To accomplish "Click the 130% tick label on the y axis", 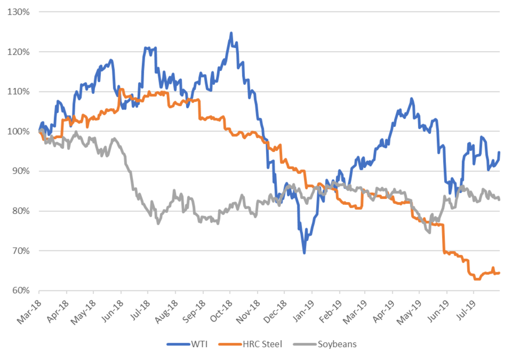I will [x=18, y=12].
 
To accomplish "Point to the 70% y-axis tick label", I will [x=20, y=251].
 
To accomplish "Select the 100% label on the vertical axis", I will [x=18, y=131].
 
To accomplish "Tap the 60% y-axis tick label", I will [x=20, y=291].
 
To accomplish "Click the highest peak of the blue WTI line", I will [x=231, y=32].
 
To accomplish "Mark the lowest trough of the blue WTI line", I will [x=304, y=253].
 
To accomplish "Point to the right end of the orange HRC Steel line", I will [x=499, y=273].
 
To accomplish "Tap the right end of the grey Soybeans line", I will [x=499, y=200].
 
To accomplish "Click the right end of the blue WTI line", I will [x=499, y=152].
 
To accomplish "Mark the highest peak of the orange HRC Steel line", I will [x=120, y=89].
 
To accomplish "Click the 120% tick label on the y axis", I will [x=18, y=52].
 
